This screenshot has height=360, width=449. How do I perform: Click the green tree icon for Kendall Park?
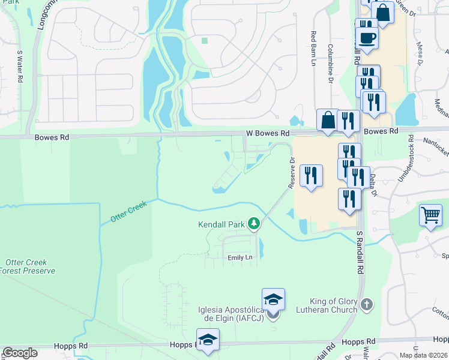coord(255,224)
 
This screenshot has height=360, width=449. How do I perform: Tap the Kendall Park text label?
coord(221,225)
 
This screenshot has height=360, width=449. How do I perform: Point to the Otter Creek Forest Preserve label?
coord(30,266)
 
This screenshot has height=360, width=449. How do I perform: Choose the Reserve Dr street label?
coord(292,173)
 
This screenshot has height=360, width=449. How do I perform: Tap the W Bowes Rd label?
coord(268,133)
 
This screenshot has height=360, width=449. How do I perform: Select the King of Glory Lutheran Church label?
coord(328,305)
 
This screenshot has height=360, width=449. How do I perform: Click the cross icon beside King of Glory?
coord(367,305)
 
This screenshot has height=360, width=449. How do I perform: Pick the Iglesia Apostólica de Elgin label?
coord(231,313)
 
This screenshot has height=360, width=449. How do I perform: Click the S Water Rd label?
coord(20,66)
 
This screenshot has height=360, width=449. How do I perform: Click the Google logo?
coord(20,353)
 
